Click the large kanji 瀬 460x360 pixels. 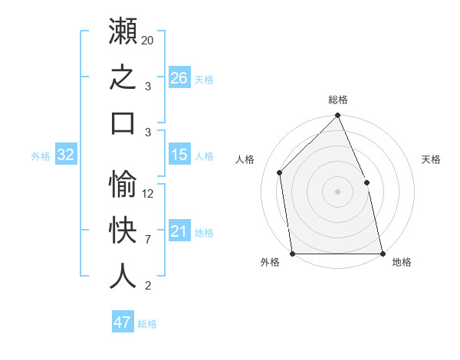click(123, 31)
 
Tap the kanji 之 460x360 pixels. click(123, 77)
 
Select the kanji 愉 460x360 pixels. click(123, 184)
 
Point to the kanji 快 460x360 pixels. click(123, 230)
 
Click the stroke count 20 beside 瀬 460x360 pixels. click(147, 40)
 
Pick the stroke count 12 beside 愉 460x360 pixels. click(147, 194)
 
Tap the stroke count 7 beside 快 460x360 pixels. click(148, 240)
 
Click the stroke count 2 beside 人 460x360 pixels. click(148, 286)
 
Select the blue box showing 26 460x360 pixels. click(179, 77)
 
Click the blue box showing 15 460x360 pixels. click(179, 154)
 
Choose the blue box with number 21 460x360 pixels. click(179, 230)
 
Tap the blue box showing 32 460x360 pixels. click(66, 154)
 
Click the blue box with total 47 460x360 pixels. click(123, 321)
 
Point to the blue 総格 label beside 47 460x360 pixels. click(147, 324)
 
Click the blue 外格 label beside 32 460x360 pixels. click(41, 156)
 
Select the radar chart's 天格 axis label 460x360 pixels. click(431, 159)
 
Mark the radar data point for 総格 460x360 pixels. click(337, 115)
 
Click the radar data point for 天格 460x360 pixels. click(366, 182)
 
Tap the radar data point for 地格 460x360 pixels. click(383, 254)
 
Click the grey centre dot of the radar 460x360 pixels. click(337, 191)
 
